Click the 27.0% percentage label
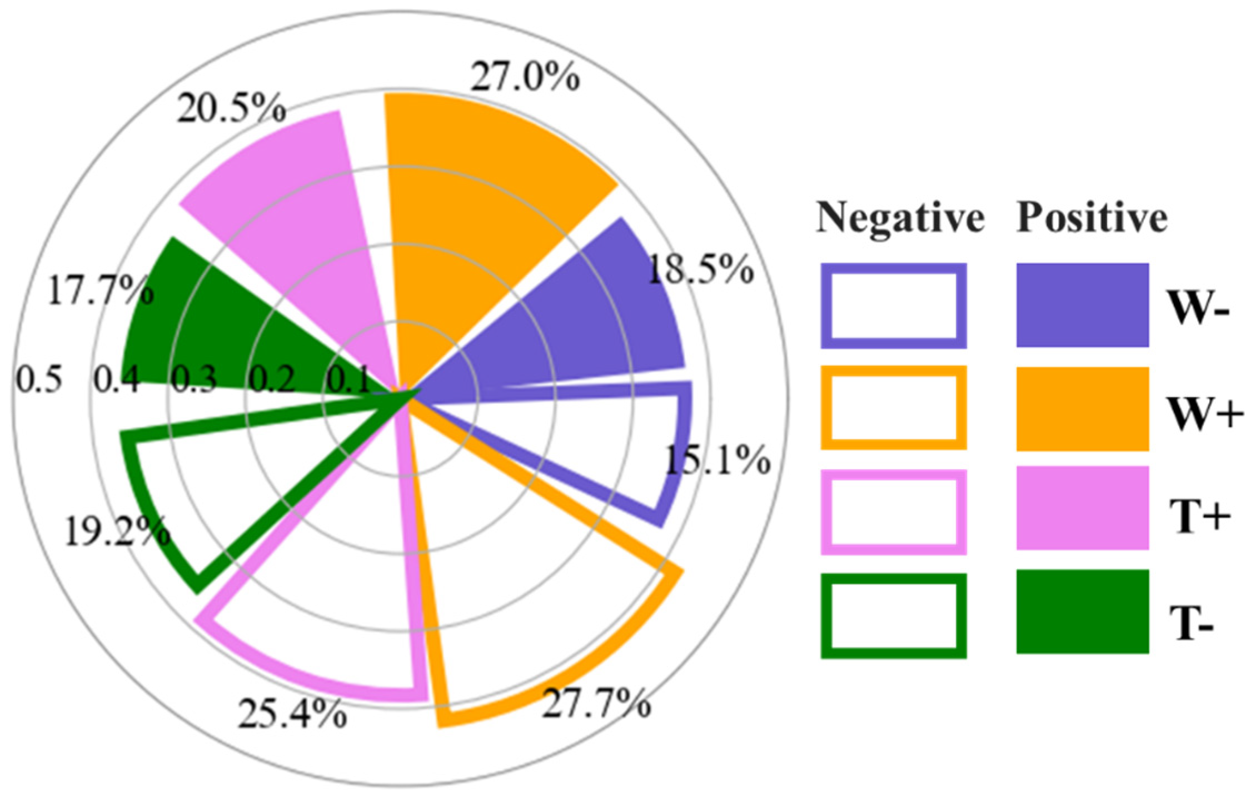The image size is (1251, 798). pyautogui.click(x=525, y=78)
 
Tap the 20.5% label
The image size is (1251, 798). pyautogui.click(x=231, y=109)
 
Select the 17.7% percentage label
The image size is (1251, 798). pyautogui.click(x=101, y=290)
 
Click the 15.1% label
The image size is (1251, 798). pyautogui.click(x=717, y=460)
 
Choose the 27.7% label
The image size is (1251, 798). pyautogui.click(x=596, y=704)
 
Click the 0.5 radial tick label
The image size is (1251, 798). pyautogui.click(x=39, y=380)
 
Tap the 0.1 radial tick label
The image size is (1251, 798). pyautogui.click(x=348, y=380)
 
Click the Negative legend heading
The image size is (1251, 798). pyautogui.click(x=900, y=218)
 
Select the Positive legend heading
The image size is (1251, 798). pyautogui.click(x=1091, y=218)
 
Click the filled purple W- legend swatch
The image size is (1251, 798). pyautogui.click(x=1082, y=305)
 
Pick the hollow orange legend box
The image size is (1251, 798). pyautogui.click(x=893, y=408)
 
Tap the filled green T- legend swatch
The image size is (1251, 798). pyautogui.click(x=1082, y=611)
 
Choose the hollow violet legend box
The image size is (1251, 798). pyautogui.click(x=893, y=512)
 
